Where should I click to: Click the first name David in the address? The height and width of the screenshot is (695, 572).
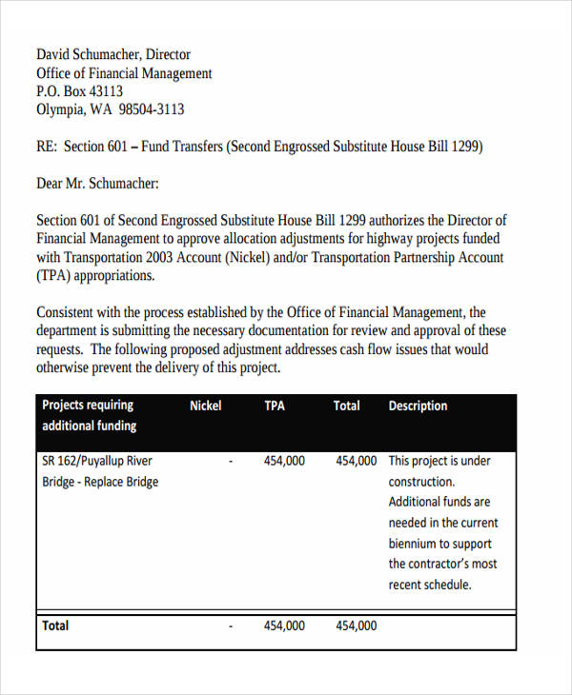53,54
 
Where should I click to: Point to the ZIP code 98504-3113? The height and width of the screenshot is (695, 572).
151,109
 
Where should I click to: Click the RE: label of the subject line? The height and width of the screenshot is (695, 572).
48,147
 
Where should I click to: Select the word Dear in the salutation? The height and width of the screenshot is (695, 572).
52,184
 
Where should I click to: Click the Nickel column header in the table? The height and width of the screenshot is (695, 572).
205,406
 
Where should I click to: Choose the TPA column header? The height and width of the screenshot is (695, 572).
275,406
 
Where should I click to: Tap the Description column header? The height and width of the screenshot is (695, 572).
418,406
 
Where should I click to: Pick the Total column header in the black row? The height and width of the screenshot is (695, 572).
346,406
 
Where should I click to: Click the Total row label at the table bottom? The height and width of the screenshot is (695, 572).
55,625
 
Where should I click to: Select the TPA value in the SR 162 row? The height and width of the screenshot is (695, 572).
284,461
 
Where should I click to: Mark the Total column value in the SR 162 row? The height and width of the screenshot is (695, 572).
356,461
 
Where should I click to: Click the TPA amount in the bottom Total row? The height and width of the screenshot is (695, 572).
284,625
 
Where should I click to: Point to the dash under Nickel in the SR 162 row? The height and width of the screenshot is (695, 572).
232,461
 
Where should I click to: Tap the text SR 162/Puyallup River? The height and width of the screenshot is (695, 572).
97,461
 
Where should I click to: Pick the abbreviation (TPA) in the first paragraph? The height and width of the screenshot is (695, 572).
54,276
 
